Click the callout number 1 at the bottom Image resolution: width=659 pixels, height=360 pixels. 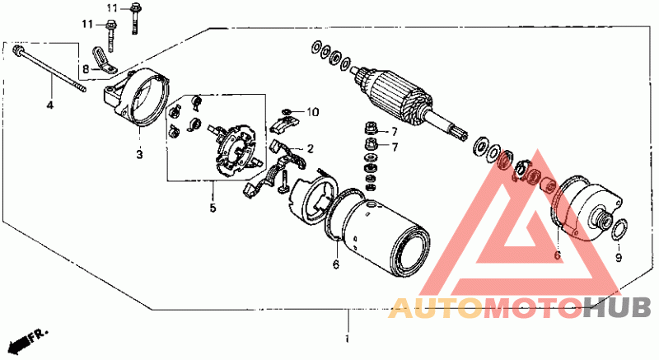[347, 339]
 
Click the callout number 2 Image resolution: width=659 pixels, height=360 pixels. [311, 148]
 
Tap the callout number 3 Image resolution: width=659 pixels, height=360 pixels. [139, 154]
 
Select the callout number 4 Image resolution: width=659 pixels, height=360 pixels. [50, 105]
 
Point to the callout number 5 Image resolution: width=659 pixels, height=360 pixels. [213, 208]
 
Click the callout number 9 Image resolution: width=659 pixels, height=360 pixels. [619, 257]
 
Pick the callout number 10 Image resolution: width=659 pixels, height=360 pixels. [313, 112]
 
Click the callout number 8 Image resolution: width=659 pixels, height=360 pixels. [86, 68]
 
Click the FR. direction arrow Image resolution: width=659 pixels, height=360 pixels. [27, 339]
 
